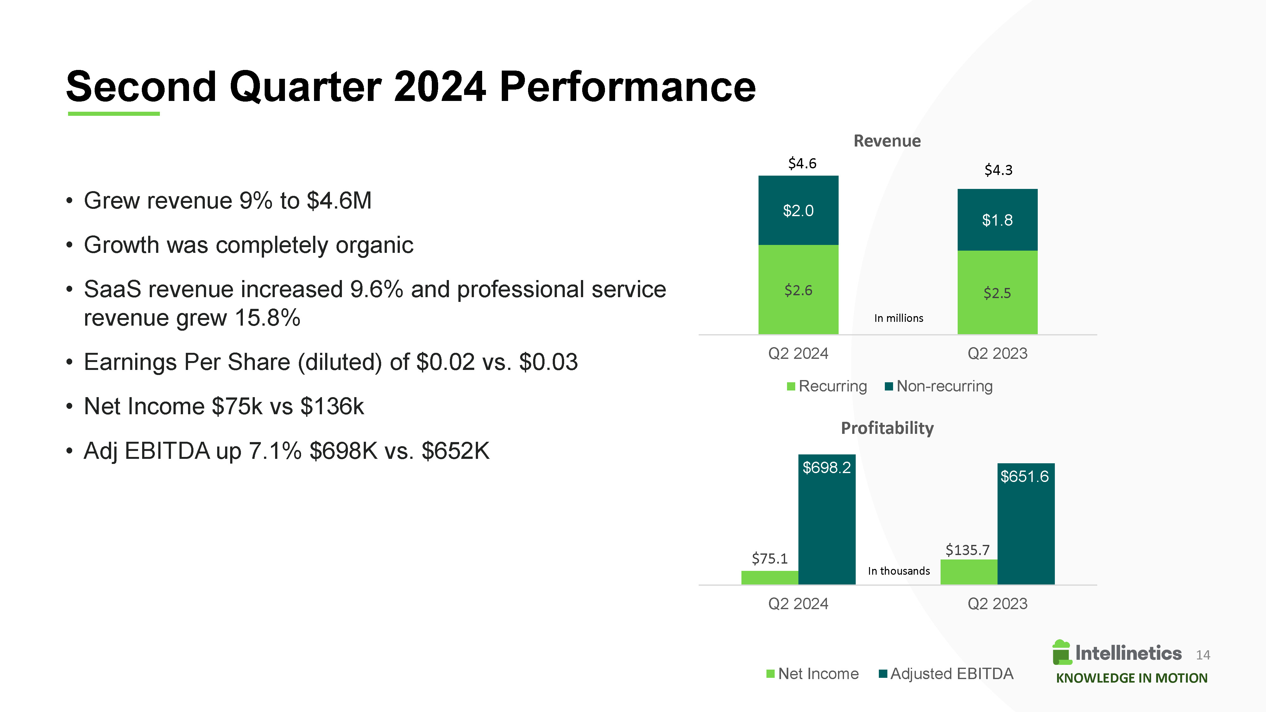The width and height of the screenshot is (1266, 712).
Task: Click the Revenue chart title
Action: pyautogui.click(x=887, y=141)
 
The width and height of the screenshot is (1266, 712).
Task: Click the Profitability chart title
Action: pyautogui.click(x=887, y=428)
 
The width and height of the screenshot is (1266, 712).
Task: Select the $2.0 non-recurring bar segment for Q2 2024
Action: pyautogui.click(x=798, y=210)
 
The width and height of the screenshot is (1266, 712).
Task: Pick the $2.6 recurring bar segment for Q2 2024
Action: pyautogui.click(x=798, y=290)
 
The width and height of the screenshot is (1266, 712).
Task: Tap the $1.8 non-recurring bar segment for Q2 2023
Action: pyautogui.click(x=997, y=220)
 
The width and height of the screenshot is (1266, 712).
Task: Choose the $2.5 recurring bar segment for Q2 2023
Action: pyautogui.click(x=997, y=292)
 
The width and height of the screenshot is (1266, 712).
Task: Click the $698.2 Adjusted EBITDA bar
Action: pyautogui.click(x=827, y=519)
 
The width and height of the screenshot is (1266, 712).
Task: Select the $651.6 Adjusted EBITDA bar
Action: pyautogui.click(x=1026, y=524)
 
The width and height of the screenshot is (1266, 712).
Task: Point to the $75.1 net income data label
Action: pyautogui.click(x=770, y=559)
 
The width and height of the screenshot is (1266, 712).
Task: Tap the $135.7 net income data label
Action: pyautogui.click(x=967, y=550)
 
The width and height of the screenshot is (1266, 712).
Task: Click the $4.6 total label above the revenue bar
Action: pyautogui.click(x=802, y=163)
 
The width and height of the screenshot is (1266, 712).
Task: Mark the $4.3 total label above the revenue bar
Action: pyautogui.click(x=998, y=170)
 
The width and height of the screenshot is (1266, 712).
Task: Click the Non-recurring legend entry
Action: pyautogui.click(x=938, y=386)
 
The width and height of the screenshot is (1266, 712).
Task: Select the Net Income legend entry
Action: pyautogui.click(x=812, y=674)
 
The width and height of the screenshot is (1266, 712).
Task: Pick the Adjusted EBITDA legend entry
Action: pyautogui.click(x=946, y=674)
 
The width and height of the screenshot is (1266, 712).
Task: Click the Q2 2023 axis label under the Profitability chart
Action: pyautogui.click(x=997, y=603)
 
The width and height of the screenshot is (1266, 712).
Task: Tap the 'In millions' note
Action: pyautogui.click(x=898, y=318)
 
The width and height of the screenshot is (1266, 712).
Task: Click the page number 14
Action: pyautogui.click(x=1203, y=655)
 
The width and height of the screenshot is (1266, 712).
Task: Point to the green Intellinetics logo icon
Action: pyautogui.click(x=1061, y=653)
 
